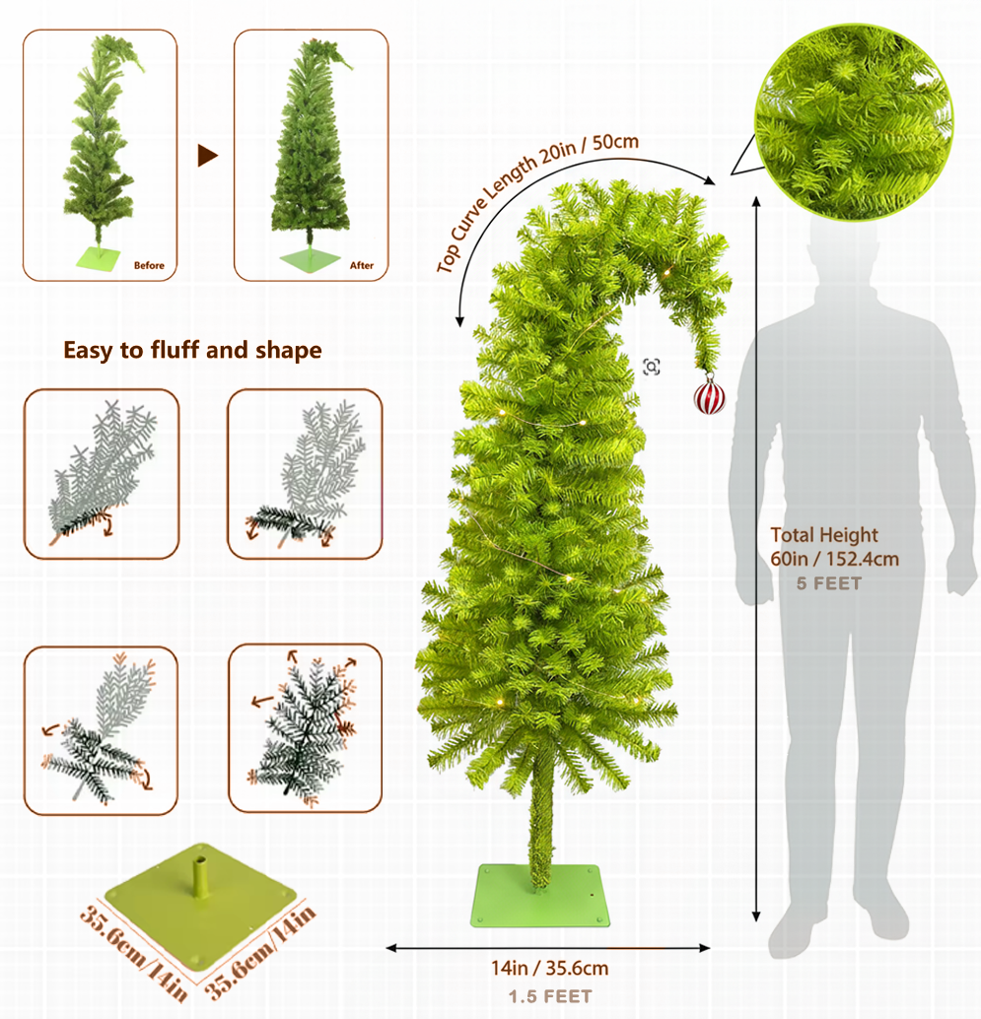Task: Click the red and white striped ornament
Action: (x=709, y=396)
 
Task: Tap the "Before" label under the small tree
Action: (x=149, y=265)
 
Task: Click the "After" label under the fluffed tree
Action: (x=362, y=265)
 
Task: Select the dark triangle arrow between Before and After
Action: (x=206, y=155)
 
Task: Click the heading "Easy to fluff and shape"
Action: (x=193, y=350)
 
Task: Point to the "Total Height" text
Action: (x=823, y=535)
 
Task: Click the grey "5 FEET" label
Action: (x=829, y=583)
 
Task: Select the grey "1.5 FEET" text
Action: (x=549, y=995)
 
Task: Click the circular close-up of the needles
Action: (x=854, y=121)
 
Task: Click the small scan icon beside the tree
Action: (x=651, y=367)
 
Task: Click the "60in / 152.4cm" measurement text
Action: (x=834, y=559)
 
